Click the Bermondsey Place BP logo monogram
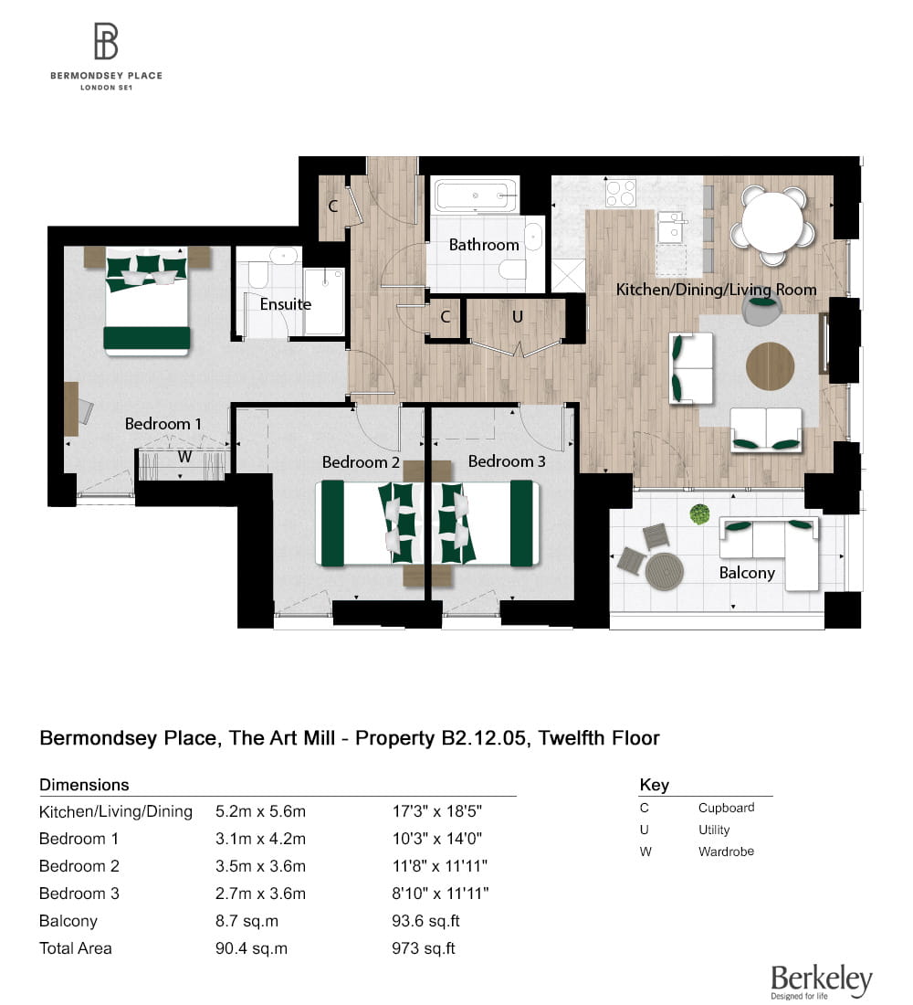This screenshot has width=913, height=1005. click(106, 42)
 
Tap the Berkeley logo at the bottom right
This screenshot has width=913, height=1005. click(821, 980)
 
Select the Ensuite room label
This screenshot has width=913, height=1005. click(286, 303)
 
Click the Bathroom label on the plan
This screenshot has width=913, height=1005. click(483, 245)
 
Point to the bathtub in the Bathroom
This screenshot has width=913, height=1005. click(476, 196)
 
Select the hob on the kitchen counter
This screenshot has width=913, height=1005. click(621, 193)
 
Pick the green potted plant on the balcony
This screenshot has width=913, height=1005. click(700, 514)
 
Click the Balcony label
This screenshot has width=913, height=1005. click(747, 573)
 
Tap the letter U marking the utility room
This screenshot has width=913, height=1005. click(517, 317)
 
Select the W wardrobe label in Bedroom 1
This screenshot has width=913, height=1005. click(184, 457)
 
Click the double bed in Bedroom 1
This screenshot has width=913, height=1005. click(147, 301)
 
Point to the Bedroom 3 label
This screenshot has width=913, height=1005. click(507, 461)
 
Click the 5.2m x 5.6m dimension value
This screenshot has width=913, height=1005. click(260, 811)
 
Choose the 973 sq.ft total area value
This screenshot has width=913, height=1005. click(423, 948)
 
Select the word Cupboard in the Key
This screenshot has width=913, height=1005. click(726, 808)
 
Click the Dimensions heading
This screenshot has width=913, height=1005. click(84, 785)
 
